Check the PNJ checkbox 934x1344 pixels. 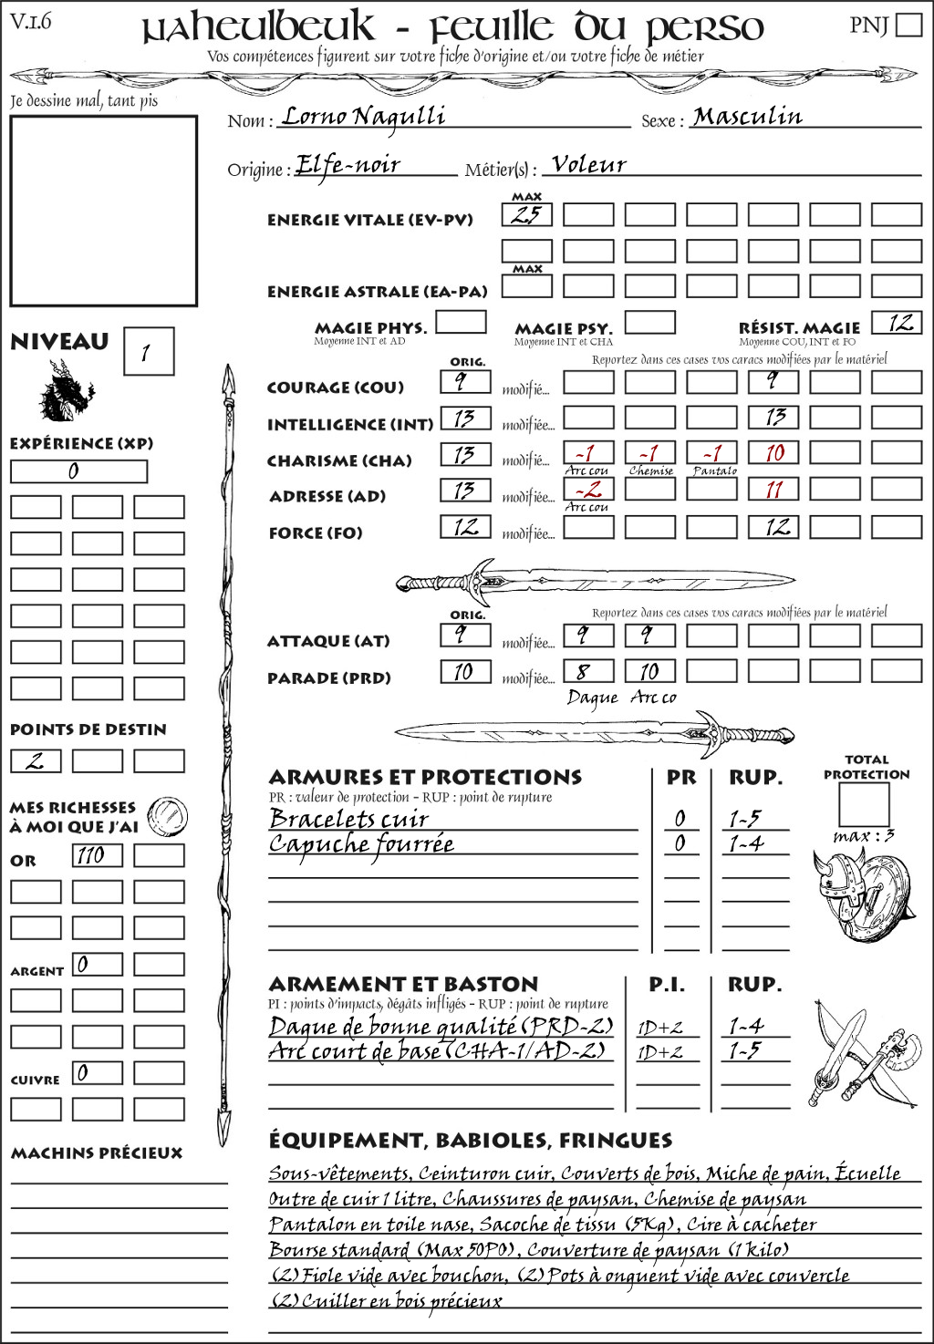point(908,24)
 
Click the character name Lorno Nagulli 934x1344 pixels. point(363,117)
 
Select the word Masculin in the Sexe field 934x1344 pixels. point(747,117)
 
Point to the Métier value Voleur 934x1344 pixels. point(589,165)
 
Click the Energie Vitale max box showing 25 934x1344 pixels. point(526,215)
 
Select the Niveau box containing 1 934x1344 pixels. point(148,352)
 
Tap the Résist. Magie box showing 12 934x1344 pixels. point(897,323)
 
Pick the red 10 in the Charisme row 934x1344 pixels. point(773,453)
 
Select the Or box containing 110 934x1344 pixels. point(97,855)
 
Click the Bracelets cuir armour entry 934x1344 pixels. point(348,818)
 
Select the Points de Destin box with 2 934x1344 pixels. point(36,760)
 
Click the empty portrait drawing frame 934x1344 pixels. point(103,211)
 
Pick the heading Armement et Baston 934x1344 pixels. point(403,984)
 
